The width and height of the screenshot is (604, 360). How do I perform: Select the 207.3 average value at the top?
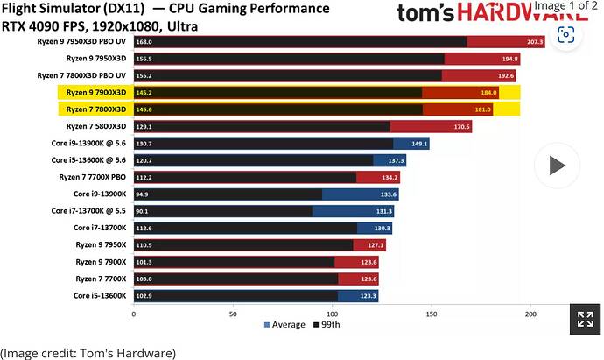pyautogui.click(x=536, y=42)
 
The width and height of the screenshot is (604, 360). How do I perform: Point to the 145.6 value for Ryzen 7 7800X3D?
pyautogui.click(x=144, y=109)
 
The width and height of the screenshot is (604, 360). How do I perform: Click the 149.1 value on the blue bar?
pyautogui.click(x=419, y=143)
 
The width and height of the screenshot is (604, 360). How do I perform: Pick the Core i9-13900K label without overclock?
pyautogui.click(x=100, y=194)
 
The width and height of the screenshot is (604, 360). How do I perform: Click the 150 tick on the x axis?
pyautogui.click(x=430, y=313)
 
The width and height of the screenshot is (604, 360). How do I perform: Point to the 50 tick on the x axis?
pyautogui.click(x=232, y=313)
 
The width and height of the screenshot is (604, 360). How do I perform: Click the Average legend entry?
pyautogui.click(x=285, y=324)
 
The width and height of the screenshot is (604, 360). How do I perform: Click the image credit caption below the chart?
pyautogui.click(x=88, y=352)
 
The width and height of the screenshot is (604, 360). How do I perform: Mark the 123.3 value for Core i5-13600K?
pyautogui.click(x=368, y=295)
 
